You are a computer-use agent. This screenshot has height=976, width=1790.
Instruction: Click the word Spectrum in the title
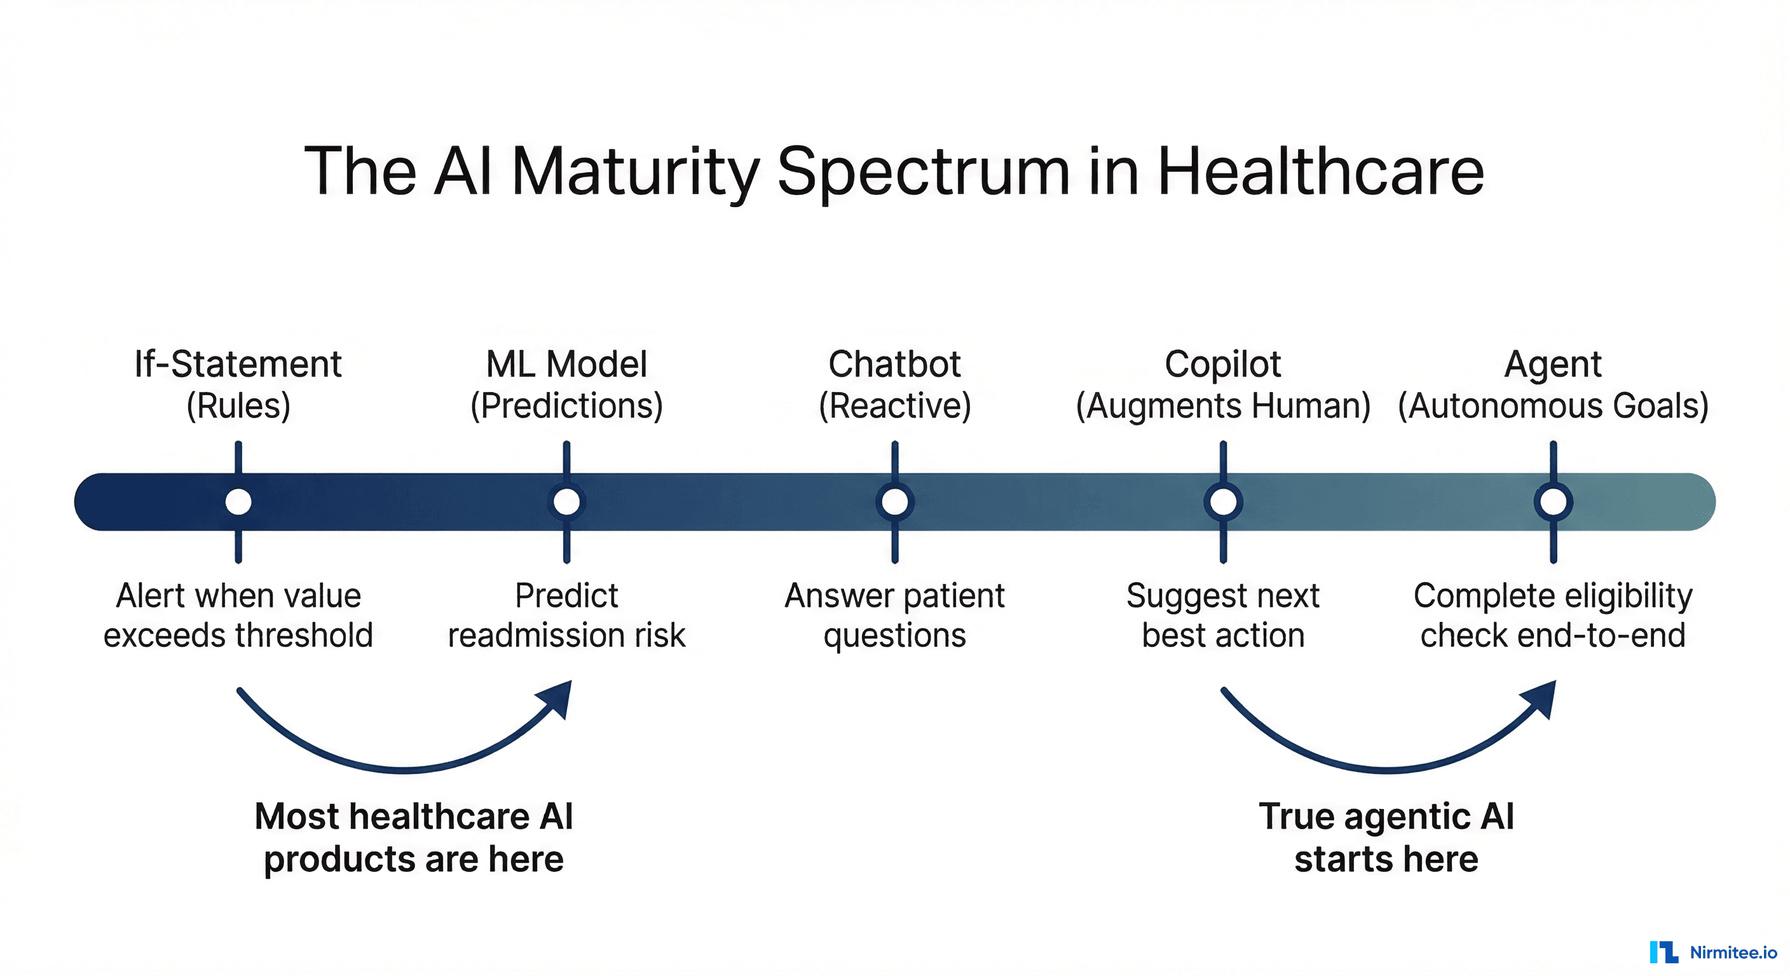tap(924, 172)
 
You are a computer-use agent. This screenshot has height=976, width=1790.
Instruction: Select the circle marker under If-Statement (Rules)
tap(238, 501)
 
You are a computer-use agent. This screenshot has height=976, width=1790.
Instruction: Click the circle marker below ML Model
tap(566, 501)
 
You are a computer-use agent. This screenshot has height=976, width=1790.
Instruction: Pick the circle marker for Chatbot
tap(895, 501)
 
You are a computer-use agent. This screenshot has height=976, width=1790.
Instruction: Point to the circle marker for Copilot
tap(1223, 501)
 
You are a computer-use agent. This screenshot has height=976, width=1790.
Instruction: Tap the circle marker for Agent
tap(1553, 501)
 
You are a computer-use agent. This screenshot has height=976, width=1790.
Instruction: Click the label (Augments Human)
tap(1223, 405)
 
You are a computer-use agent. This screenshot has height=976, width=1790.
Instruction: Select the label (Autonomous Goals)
tap(1553, 405)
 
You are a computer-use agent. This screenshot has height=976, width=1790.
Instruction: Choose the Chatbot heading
tap(894, 364)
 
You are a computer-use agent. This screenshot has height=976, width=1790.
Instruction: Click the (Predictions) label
tap(566, 405)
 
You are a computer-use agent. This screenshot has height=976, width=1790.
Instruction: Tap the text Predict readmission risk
tap(566, 616)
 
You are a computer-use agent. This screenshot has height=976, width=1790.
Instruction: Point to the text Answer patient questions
tap(894, 616)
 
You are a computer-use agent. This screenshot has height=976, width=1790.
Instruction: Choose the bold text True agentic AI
tap(1386, 817)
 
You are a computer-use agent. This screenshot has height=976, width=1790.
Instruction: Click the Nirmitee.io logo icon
tap(1664, 952)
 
